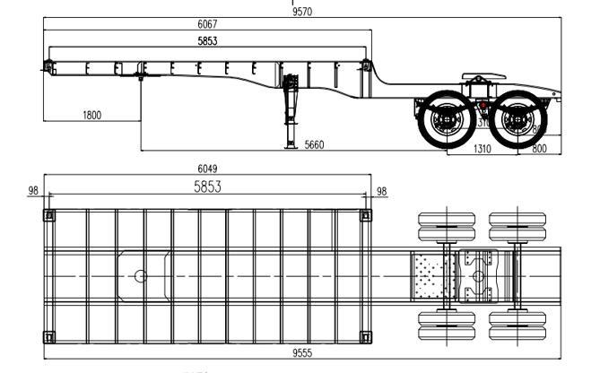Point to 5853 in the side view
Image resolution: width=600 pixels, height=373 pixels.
[209, 41]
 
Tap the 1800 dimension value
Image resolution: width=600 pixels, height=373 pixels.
[91, 115]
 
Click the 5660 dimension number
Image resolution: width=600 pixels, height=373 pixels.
[315, 144]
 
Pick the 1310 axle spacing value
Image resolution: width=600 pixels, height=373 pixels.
[483, 150]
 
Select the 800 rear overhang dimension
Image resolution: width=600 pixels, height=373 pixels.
[540, 150]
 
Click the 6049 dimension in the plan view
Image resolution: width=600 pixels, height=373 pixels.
[207, 168]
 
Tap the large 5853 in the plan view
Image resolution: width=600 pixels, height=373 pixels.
[209, 187]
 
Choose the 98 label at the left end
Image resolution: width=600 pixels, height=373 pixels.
[34, 190]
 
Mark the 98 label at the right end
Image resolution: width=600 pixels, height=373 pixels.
[381, 190]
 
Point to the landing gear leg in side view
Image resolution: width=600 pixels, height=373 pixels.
[291, 112]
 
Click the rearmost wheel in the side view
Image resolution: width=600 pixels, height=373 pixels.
[516, 122]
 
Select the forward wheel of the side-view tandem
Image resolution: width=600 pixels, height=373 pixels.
[446, 122]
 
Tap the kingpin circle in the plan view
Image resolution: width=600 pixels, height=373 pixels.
[141, 275]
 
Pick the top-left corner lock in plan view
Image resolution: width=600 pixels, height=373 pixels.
[48, 214]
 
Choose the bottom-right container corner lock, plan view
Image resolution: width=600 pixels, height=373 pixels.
[365, 336]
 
